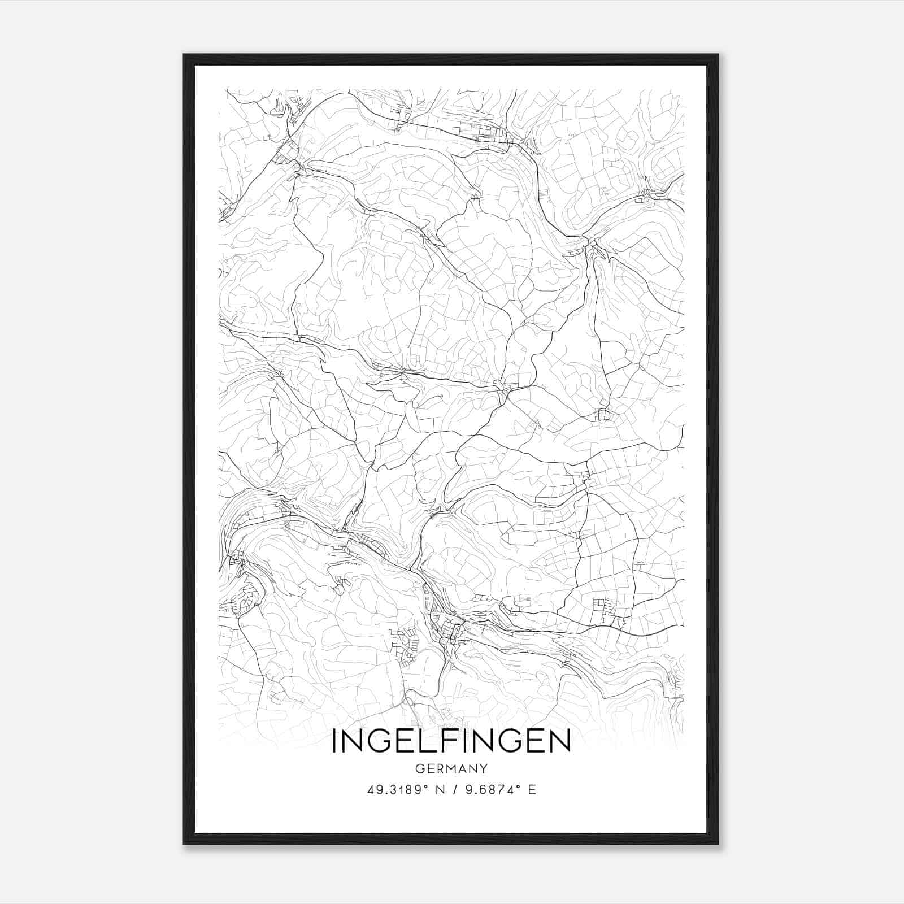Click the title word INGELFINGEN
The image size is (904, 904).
(x=451, y=741)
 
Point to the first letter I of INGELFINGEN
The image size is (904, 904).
(x=334, y=741)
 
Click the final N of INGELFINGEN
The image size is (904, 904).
(x=560, y=741)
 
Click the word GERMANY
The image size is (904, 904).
(x=451, y=768)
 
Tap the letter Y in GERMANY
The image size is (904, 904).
(x=484, y=768)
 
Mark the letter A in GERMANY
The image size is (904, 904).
(x=463, y=768)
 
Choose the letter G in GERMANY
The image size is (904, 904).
(x=419, y=768)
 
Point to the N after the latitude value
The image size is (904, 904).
(x=440, y=790)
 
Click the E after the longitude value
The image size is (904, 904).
(x=532, y=790)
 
